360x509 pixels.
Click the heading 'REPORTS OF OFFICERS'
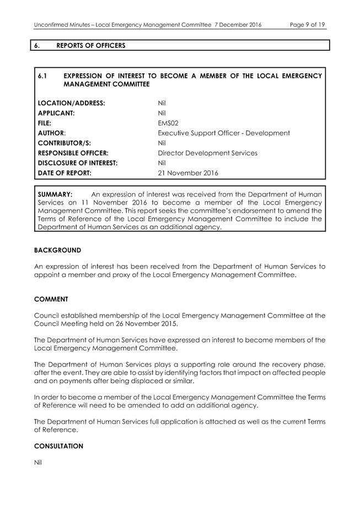91,45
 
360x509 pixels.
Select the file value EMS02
168,123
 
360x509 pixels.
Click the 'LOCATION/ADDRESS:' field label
71,103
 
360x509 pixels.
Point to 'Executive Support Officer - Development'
224,133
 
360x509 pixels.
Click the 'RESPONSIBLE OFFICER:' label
72,153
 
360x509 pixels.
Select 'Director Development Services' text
207,153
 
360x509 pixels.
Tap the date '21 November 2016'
187,173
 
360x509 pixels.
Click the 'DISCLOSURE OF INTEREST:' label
78,163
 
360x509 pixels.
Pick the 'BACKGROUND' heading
57,250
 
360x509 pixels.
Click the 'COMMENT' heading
51,299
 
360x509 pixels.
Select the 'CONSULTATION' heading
58,446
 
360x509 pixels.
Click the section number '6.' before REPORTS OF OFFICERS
37,45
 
